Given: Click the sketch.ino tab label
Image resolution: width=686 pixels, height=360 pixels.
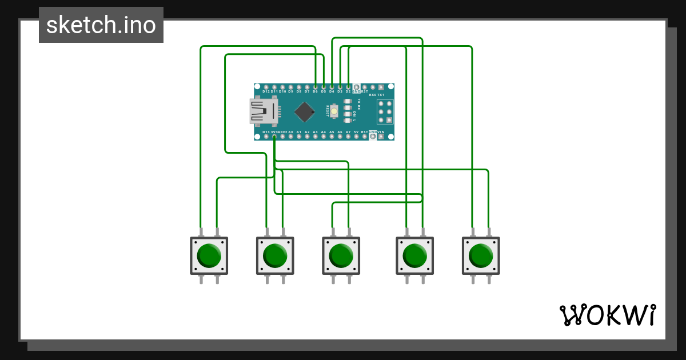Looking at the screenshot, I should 101,25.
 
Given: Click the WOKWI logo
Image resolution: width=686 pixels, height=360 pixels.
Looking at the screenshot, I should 608,315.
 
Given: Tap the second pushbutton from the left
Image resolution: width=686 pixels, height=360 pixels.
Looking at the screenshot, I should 275,256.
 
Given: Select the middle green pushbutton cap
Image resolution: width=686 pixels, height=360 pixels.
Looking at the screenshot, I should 341,256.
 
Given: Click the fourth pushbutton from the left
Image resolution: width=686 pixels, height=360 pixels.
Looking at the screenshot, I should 414,256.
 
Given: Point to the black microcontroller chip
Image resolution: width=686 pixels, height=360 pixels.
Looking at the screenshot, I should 305,111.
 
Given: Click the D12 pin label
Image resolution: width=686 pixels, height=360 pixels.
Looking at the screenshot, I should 266,91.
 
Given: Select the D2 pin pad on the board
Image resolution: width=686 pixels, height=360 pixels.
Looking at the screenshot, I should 348,86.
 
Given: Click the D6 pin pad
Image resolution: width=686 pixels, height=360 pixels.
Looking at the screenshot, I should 315,86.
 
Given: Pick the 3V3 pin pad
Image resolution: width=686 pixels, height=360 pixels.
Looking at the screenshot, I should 274,137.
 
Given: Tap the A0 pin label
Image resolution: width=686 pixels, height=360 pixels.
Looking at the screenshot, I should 290,132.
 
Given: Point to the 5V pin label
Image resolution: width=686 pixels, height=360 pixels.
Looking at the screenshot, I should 356,132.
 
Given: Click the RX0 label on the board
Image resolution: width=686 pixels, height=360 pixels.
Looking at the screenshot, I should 373,94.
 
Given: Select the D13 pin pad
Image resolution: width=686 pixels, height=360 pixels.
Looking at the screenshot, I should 266,137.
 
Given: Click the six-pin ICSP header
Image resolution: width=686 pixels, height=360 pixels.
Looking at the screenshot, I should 385,111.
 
